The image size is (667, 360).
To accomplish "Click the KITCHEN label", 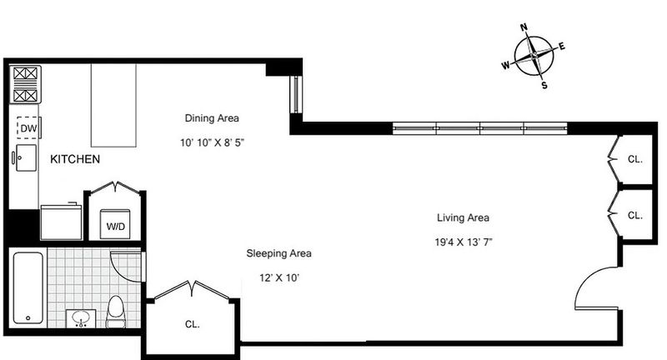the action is [x=75, y=159].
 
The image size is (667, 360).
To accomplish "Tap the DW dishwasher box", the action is [x=28, y=128].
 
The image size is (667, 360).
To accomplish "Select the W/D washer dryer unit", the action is [x=115, y=224].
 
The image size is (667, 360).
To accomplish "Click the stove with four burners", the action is [x=25, y=84].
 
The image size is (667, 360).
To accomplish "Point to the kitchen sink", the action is [x=26, y=157].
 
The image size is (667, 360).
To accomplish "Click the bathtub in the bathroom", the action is [x=28, y=287].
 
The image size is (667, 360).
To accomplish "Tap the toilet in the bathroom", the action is [x=115, y=312].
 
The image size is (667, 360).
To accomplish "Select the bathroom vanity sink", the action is [x=80, y=318].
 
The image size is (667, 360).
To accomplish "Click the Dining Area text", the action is [x=212, y=117].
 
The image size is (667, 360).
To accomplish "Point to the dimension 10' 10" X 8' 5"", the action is [x=212, y=142].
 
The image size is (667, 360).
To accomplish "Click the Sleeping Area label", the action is [x=278, y=253].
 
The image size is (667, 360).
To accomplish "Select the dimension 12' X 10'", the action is [x=279, y=278].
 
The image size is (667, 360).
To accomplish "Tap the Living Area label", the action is [x=463, y=217].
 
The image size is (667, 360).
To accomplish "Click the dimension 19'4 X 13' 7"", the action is [x=464, y=242].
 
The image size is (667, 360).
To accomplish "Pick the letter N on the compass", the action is [x=524, y=27].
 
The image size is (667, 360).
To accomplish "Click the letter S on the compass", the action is [x=544, y=86].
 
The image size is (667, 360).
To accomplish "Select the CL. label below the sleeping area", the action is [x=193, y=324].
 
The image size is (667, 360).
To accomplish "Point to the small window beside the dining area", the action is [x=296, y=94].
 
